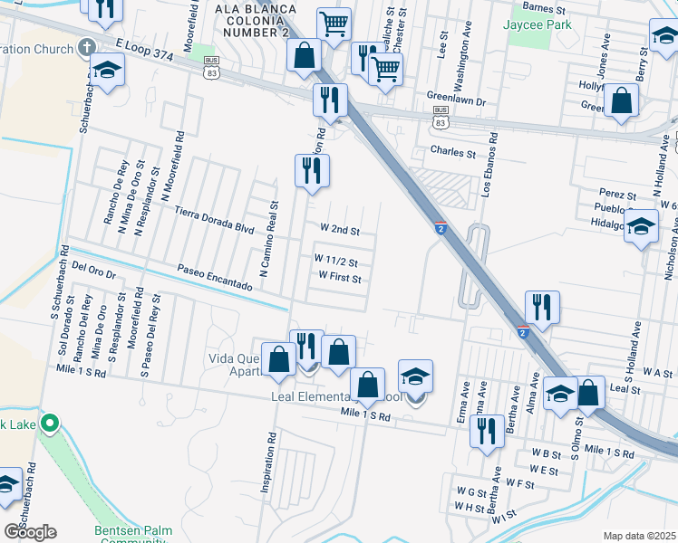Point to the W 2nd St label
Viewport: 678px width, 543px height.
point(340,231)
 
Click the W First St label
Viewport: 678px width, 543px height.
point(340,278)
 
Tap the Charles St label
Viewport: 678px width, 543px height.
point(453,153)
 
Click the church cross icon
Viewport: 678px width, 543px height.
point(87,46)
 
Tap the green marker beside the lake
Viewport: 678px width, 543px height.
point(51,423)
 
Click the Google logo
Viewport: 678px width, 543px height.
point(30,531)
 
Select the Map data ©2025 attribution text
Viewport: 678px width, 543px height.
point(639,536)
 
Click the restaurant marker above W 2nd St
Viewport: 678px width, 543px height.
point(312,169)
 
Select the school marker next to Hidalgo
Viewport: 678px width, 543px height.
point(641,228)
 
